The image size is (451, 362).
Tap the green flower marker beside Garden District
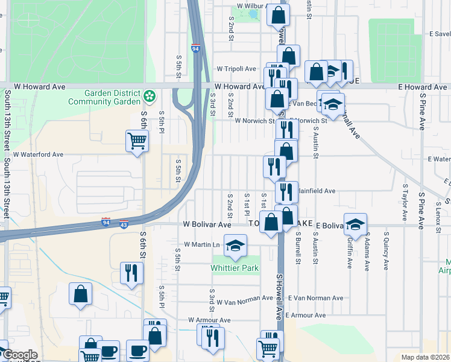click(150, 96)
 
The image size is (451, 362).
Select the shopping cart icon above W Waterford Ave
click(137, 141)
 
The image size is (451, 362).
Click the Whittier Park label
click(235, 267)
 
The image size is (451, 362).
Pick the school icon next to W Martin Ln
click(235, 246)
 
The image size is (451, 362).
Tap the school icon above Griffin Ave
click(356, 224)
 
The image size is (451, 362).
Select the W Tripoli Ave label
click(238, 69)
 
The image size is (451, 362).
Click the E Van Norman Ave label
click(315, 298)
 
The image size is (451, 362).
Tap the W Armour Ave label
click(209, 320)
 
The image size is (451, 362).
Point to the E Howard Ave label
click(423, 87)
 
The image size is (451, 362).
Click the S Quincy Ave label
click(385, 251)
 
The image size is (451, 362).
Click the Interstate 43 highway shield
click(123, 224)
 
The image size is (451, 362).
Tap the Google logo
click(20, 355)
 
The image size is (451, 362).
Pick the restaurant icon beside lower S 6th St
click(130, 273)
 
